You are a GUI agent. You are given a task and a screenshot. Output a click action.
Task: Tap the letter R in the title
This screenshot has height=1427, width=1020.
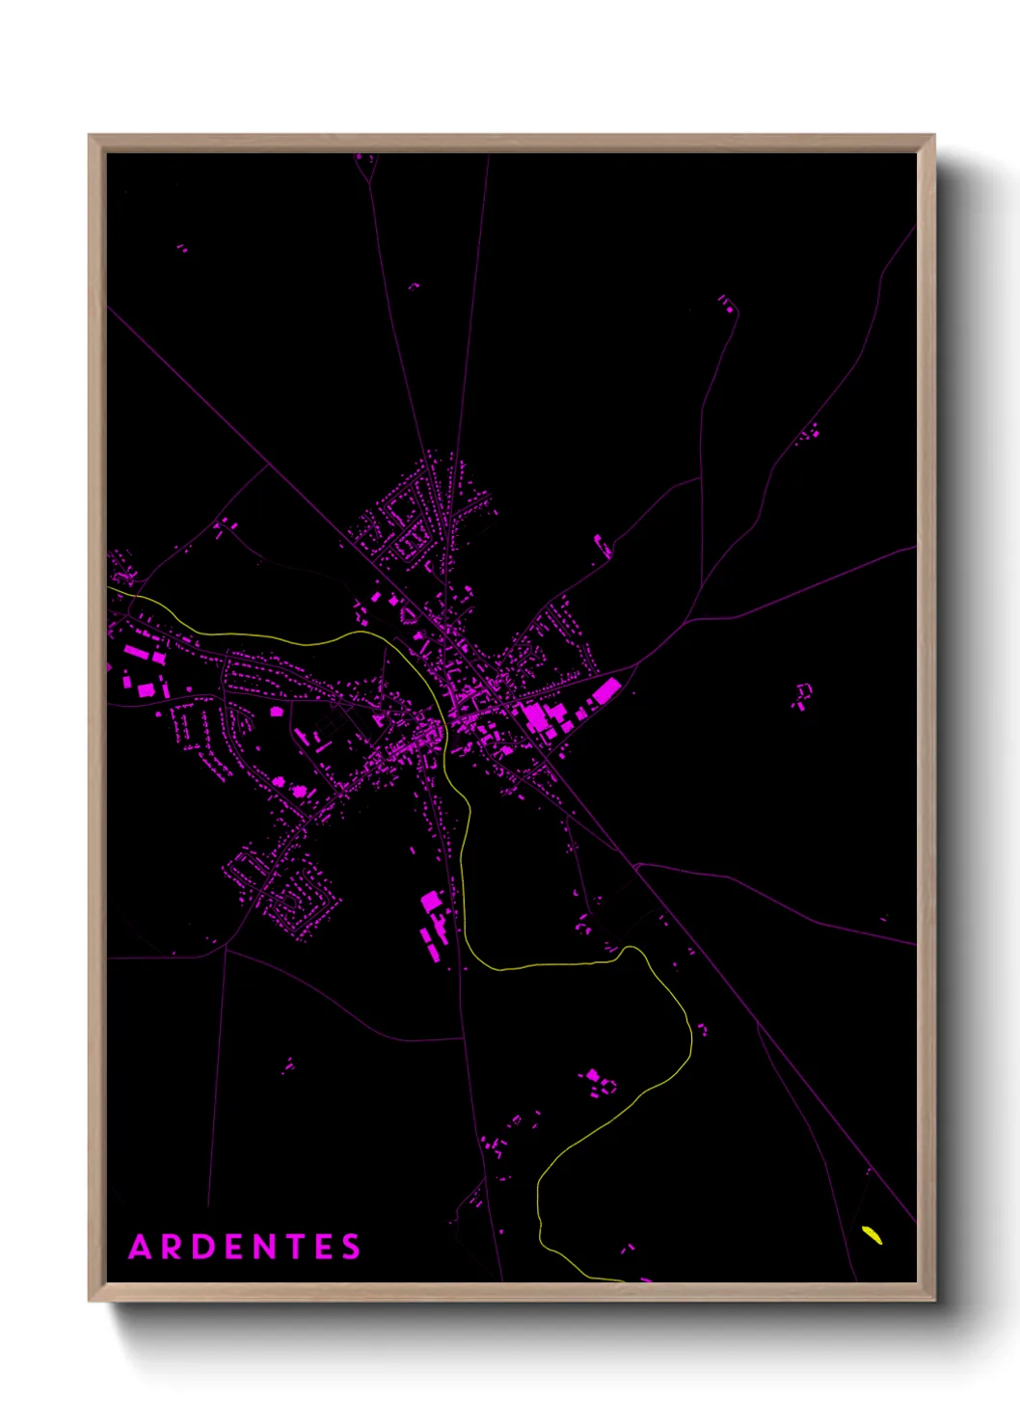point(174,1247)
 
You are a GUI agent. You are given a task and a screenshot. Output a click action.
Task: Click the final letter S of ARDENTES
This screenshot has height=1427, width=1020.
point(351,1247)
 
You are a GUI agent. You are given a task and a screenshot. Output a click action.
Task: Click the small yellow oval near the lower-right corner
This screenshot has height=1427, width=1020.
point(872,1234)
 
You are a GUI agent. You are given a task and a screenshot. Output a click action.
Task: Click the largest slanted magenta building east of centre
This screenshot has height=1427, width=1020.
point(606,690)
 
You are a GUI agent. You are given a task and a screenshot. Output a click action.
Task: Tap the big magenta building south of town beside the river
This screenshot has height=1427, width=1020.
point(431,902)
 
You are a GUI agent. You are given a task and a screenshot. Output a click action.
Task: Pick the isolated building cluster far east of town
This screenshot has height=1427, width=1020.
point(802,695)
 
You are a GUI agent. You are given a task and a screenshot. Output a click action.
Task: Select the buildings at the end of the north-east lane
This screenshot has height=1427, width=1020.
point(726,303)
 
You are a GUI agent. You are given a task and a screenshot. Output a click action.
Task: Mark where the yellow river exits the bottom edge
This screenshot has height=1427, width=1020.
point(617,1279)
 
